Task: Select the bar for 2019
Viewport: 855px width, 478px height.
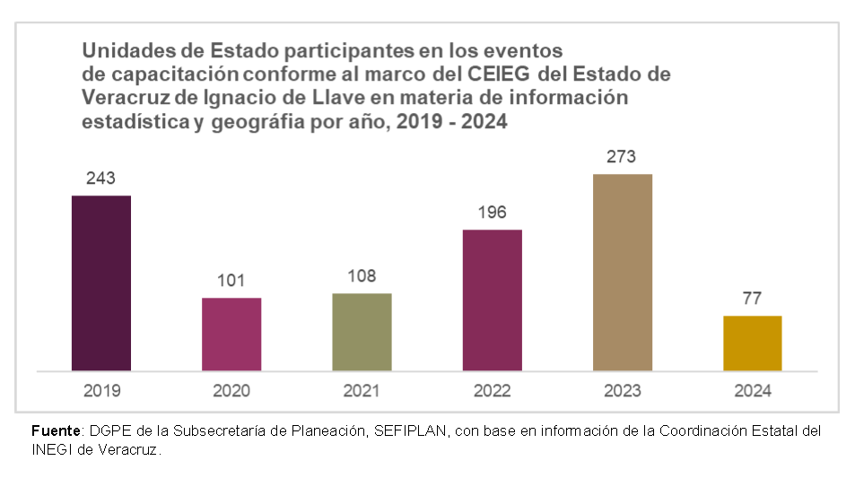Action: click(x=101, y=282)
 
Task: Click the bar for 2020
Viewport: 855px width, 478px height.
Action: click(x=231, y=334)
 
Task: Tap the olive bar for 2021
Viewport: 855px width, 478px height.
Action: click(x=362, y=331)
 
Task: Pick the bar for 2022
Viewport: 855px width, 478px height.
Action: click(x=492, y=300)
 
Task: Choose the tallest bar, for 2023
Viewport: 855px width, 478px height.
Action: click(x=622, y=272)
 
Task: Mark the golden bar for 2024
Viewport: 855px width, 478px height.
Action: click(x=752, y=343)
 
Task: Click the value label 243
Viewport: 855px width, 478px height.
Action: click(x=101, y=178)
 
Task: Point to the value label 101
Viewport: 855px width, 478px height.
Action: click(x=231, y=281)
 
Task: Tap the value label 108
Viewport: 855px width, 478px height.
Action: click(x=362, y=276)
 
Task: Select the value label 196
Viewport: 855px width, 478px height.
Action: click(x=492, y=213)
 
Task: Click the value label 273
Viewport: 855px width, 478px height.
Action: click(x=622, y=157)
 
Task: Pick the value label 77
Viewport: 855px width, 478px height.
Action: click(x=752, y=299)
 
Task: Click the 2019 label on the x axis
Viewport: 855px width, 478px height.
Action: click(x=101, y=390)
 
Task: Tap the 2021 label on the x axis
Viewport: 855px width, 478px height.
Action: click(x=362, y=390)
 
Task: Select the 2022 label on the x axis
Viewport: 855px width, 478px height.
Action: click(x=492, y=390)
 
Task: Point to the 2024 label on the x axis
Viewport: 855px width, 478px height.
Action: click(x=752, y=390)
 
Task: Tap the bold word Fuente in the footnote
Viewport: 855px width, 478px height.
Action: click(x=56, y=431)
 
